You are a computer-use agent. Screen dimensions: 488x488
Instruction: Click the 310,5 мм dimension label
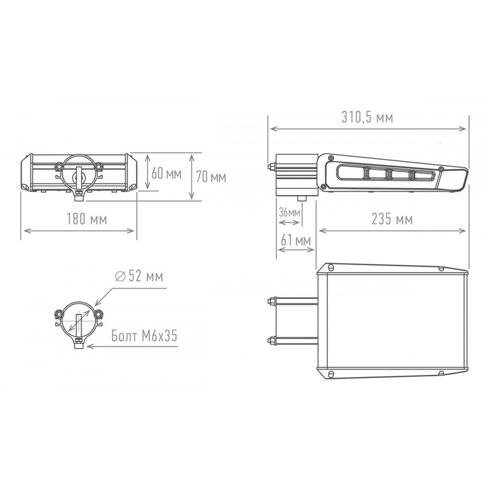pyautogui.click(x=367, y=117)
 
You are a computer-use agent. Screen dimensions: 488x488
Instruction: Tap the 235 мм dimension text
pyautogui.click(x=392, y=219)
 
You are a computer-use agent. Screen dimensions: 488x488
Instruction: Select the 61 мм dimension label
pyautogui.click(x=296, y=240)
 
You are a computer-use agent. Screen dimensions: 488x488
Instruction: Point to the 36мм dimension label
pyautogui.click(x=289, y=213)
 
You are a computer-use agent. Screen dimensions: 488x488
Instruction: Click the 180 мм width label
pyautogui.click(x=87, y=219)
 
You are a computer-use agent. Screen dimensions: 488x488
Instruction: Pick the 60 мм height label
pyautogui.click(x=166, y=173)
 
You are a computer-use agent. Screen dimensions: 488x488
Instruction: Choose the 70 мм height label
pyautogui.click(x=211, y=177)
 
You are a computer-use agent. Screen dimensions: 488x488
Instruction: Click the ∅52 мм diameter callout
pyautogui.click(x=139, y=276)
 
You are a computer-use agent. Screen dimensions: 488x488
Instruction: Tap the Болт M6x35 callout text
pyautogui.click(x=144, y=336)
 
